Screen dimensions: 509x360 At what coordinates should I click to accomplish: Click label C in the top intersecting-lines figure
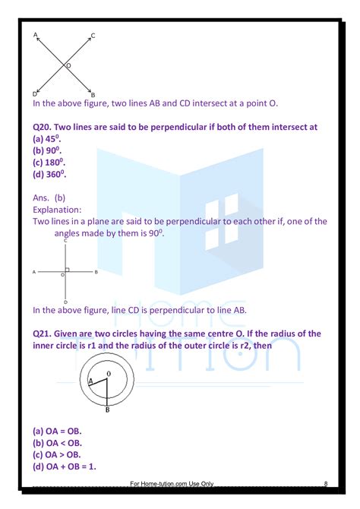[93, 36]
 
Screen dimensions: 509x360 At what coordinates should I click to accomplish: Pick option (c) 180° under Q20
[49, 163]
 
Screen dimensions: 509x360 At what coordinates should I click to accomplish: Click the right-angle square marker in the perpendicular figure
[68, 269]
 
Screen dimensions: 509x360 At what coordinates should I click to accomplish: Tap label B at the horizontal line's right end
[96, 271]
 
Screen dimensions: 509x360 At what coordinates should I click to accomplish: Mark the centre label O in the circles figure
[109, 374]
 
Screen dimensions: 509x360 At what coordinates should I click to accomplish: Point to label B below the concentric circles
[107, 410]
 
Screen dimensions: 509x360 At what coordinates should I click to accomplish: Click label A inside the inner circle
[91, 381]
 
